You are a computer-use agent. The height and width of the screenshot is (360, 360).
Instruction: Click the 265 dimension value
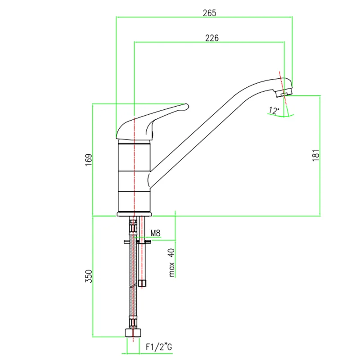pyautogui.click(x=209, y=13)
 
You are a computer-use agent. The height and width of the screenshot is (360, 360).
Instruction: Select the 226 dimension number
pyautogui.click(x=211, y=38)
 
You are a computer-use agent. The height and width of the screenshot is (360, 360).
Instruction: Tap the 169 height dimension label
pyautogui.click(x=89, y=160)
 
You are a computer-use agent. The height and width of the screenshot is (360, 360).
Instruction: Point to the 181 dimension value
pyautogui.click(x=316, y=155)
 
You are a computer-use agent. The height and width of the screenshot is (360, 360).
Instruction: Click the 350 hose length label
pyautogui.click(x=89, y=276)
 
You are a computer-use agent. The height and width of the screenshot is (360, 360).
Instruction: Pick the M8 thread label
pyautogui.click(x=155, y=233)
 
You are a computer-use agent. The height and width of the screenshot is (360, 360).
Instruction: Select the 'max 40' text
pyautogui.click(x=172, y=262)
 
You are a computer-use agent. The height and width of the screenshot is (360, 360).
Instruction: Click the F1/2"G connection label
pyautogui.click(x=159, y=346)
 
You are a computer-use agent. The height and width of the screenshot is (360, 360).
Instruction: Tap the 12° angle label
pyautogui.click(x=274, y=110)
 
